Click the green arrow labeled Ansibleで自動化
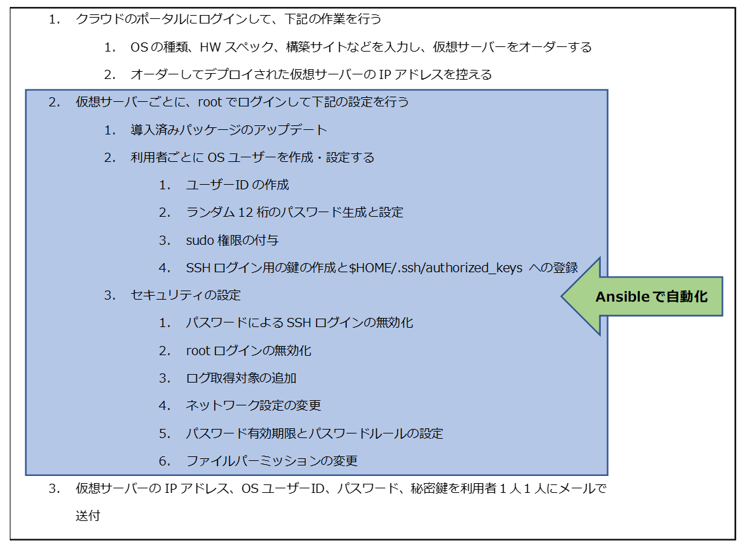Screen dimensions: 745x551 tap(641, 296)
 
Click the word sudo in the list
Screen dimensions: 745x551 tap(200, 240)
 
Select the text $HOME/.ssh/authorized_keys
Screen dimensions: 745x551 tap(436, 268)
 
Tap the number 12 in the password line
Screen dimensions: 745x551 tap(245, 212)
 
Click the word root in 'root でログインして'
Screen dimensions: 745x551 tap(210, 102)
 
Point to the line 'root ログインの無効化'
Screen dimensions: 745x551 tap(249, 351)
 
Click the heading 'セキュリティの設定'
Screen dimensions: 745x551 tap(186, 296)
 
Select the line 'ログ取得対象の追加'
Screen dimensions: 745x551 tap(241, 378)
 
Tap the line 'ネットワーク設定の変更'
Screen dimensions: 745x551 tap(253, 405)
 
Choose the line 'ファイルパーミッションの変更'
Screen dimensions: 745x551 tap(272, 461)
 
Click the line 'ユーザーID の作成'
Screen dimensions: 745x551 tap(237, 185)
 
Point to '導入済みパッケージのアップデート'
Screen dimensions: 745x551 tap(229, 130)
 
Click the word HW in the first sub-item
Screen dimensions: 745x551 tap(210, 47)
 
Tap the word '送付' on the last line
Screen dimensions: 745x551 tap(88, 516)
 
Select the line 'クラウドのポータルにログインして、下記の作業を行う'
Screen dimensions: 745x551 tap(229, 19)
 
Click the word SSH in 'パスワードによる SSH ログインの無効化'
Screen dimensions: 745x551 tap(298, 323)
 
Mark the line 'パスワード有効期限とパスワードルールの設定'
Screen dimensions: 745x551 tap(315, 433)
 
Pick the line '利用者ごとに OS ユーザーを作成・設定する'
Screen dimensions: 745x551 tap(252, 157)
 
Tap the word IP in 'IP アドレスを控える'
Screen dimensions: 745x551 tap(385, 74)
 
